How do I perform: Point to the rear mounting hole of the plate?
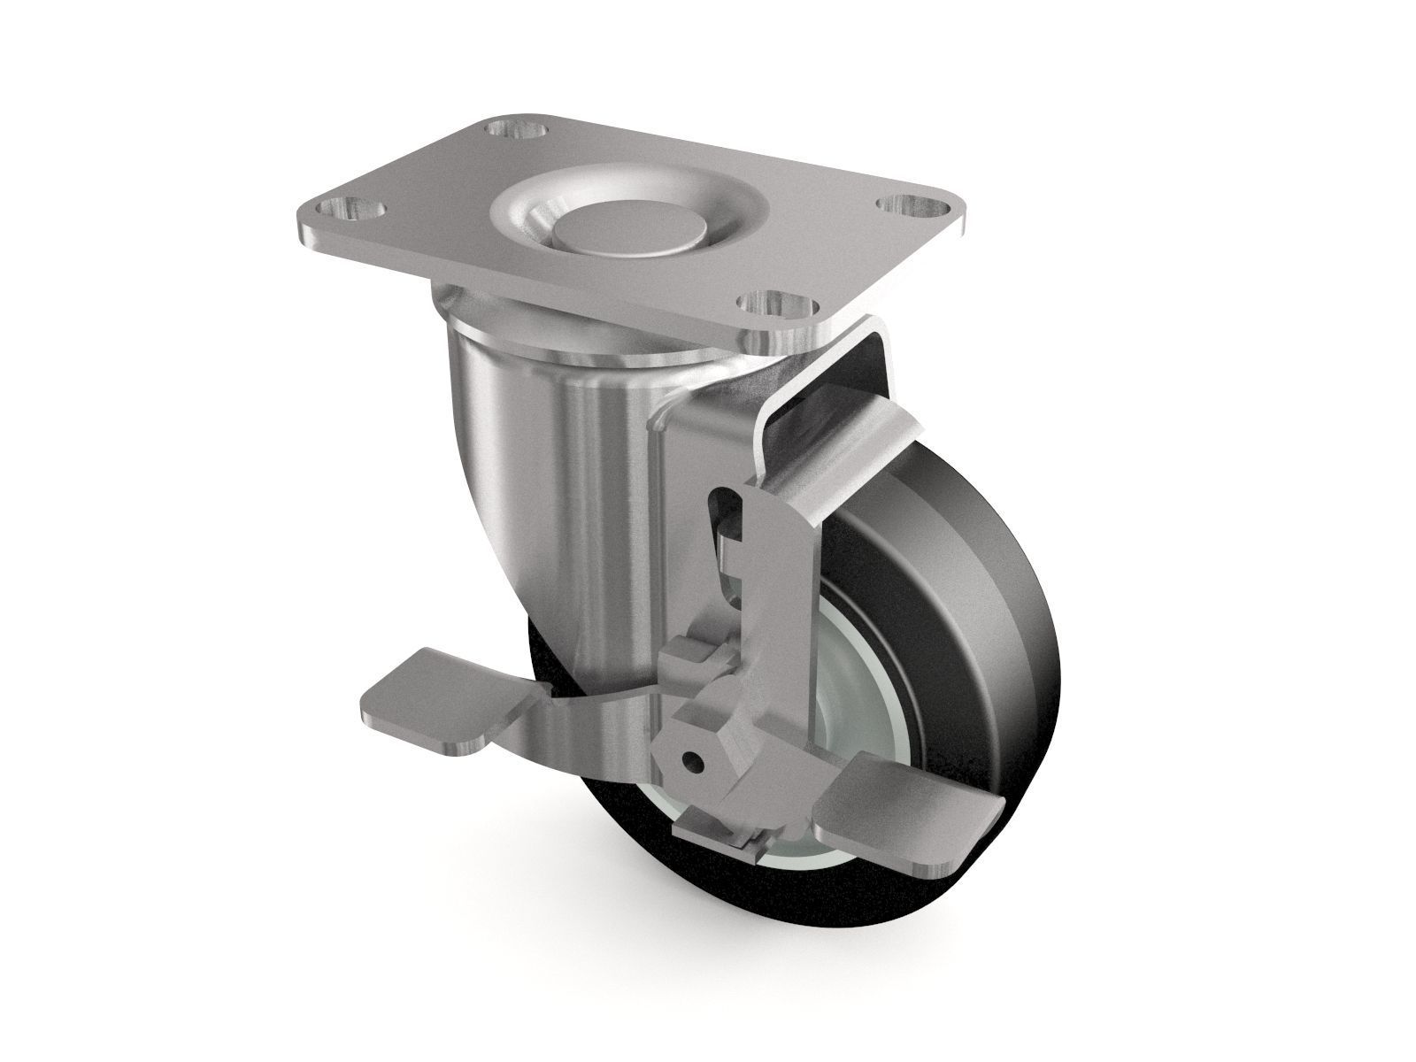[516, 133]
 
